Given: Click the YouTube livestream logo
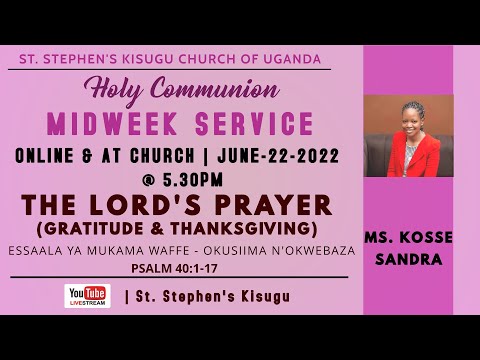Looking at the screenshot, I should pos(87,295).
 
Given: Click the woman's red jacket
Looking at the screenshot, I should pos(412,155).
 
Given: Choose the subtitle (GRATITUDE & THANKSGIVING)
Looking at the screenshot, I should pos(175,228).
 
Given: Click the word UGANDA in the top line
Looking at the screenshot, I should pos(293,59).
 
